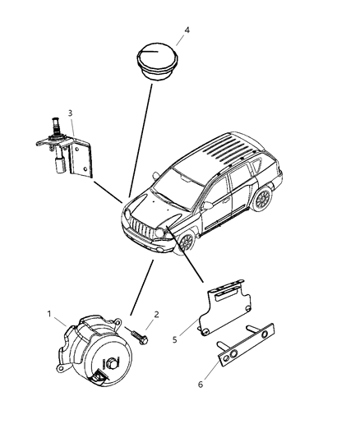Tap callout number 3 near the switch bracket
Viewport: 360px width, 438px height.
tap(71, 113)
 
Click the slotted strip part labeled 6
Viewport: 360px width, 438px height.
tap(246, 343)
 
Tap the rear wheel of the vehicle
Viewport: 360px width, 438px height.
tap(263, 198)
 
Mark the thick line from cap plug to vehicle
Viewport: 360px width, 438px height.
tap(141, 140)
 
